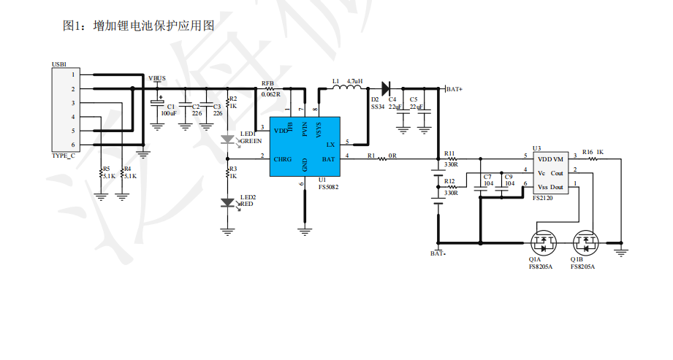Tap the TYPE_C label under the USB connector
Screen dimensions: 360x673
63,156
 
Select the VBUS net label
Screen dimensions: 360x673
157,78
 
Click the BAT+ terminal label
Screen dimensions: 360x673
454,88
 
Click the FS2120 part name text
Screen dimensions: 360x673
542,197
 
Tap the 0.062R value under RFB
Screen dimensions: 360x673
270,94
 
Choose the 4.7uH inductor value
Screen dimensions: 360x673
356,80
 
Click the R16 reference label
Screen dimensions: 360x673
588,152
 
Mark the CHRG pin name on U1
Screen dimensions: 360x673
283,158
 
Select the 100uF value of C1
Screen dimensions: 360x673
169,114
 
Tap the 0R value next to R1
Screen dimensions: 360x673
392,156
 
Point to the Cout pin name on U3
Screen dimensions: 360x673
557,173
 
